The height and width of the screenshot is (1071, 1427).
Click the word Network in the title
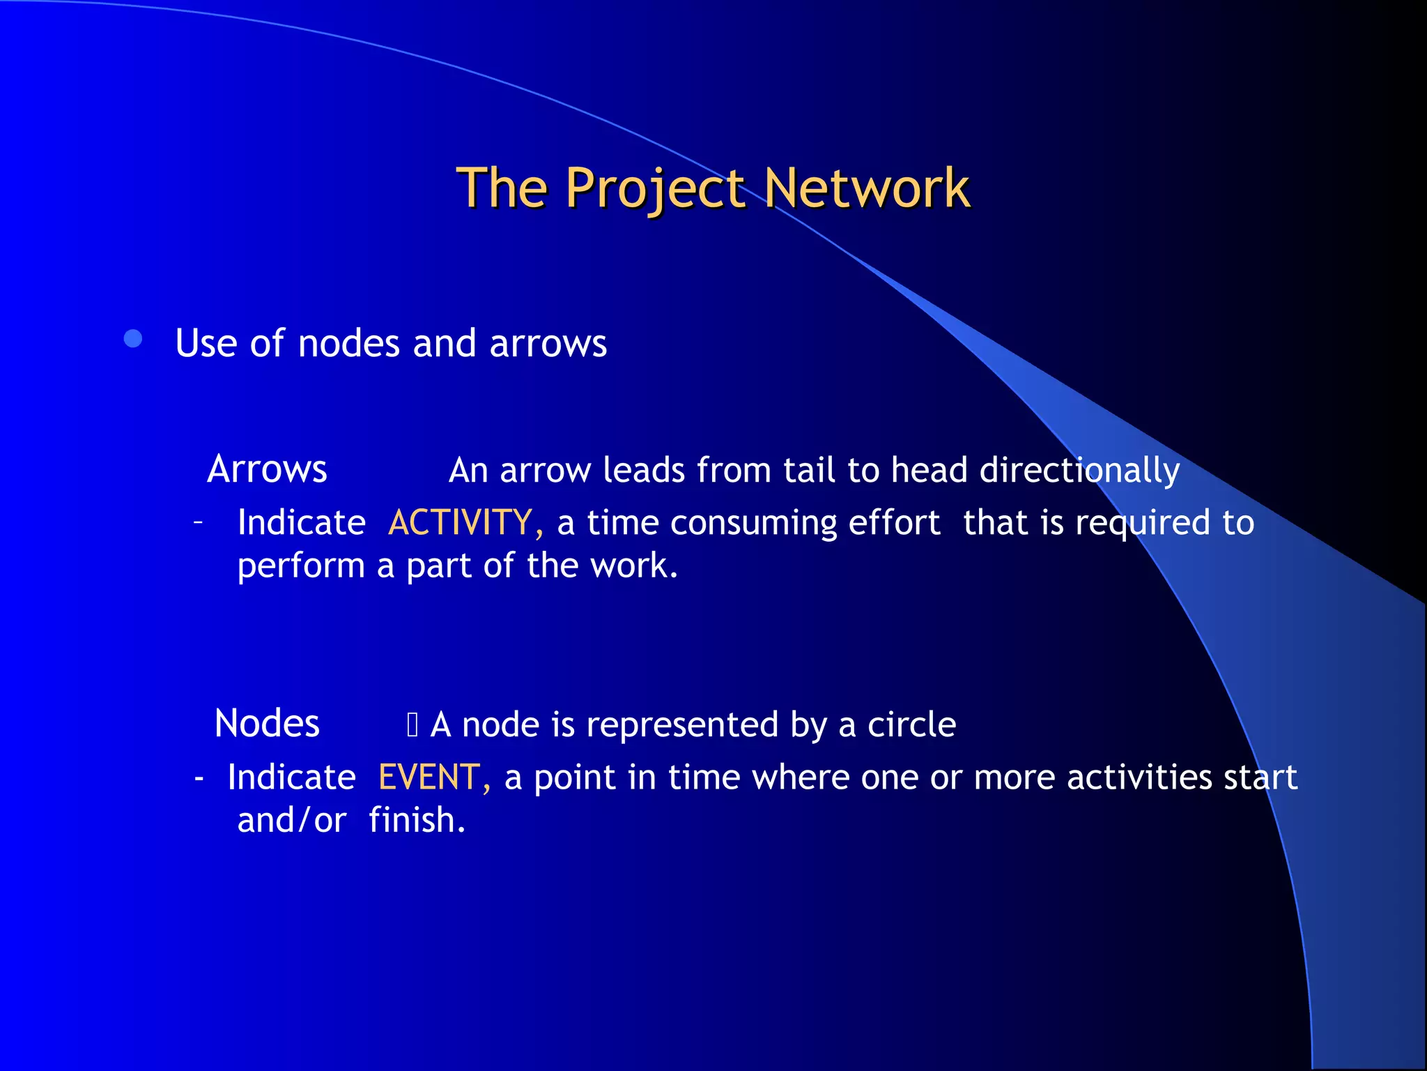click(x=867, y=188)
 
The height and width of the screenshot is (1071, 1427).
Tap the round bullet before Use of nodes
click(x=132, y=340)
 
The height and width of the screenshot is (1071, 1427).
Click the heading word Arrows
click(x=267, y=469)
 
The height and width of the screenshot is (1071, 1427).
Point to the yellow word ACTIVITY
click(x=461, y=522)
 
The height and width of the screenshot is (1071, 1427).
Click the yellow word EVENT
click(x=429, y=777)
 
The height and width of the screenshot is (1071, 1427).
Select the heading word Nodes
click(x=267, y=723)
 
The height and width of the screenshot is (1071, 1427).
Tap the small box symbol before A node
click(x=412, y=725)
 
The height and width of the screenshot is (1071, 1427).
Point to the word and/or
click(x=291, y=820)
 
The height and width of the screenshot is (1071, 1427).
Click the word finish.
click(x=417, y=820)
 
